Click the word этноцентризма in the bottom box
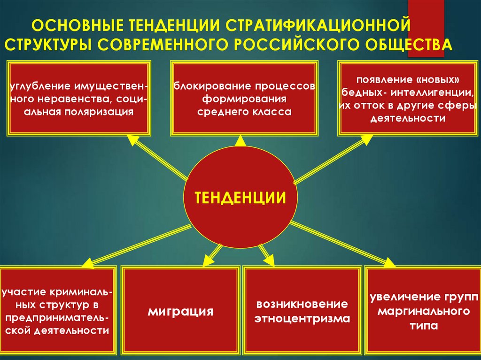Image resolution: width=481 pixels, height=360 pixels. pyautogui.click(x=303, y=319)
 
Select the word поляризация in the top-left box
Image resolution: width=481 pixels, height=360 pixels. pyautogui.click(x=100, y=112)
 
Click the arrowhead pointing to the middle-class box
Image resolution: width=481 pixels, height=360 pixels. pyautogui.click(x=240, y=139)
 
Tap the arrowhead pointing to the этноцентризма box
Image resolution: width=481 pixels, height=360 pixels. pyautogui.click(x=270, y=261)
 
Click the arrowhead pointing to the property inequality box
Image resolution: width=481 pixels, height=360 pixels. pyautogui.click(x=132, y=139)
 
